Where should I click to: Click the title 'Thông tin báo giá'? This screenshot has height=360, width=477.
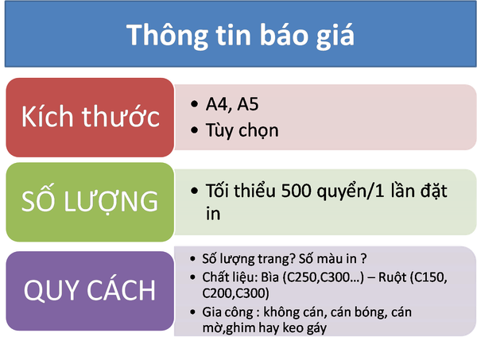pyautogui.click(x=240, y=36)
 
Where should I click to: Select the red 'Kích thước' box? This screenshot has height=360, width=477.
pyautogui.click(x=90, y=118)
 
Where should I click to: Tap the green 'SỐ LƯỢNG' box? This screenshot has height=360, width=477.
pyautogui.click(x=90, y=202)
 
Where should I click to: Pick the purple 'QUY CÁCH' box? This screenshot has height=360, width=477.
pyautogui.click(x=90, y=291)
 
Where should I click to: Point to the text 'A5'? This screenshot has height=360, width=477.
pyautogui.click(x=247, y=104)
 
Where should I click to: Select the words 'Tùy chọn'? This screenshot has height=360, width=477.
pyautogui.click(x=242, y=131)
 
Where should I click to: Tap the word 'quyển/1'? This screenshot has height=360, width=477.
pyautogui.click(x=351, y=192)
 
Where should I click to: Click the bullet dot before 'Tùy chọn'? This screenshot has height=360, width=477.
pyautogui.click(x=194, y=130)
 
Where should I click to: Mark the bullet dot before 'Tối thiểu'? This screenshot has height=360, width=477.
pyautogui.click(x=194, y=191)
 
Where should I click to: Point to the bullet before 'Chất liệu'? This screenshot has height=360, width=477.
pyautogui.click(x=192, y=277)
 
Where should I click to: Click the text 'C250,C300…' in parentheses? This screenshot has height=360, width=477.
pyautogui.click(x=323, y=277)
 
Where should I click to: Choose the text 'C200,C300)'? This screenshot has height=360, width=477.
pyautogui.click(x=236, y=293)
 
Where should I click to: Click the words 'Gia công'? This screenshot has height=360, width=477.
pyautogui.click(x=227, y=312)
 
